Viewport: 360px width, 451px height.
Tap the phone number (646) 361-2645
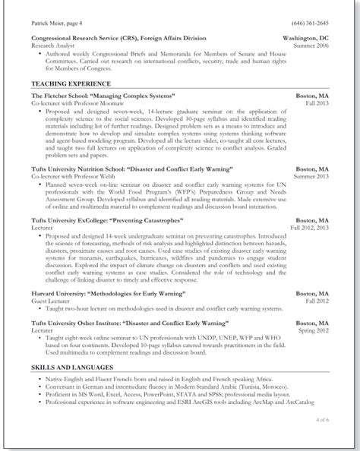[310, 23]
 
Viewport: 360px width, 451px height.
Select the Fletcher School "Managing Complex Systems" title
[103, 96]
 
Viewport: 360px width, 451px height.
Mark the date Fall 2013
[317, 104]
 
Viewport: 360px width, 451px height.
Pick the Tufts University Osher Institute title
[128, 321]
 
